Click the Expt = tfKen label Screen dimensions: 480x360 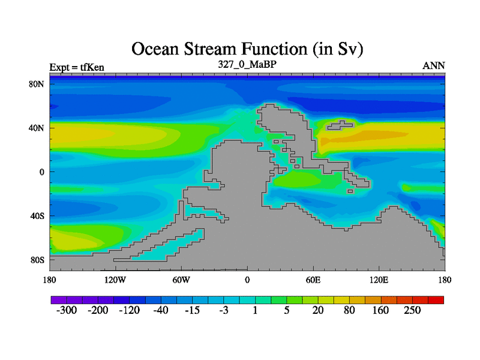77,67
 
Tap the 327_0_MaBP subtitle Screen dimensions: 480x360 247,64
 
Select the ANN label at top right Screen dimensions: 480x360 433,65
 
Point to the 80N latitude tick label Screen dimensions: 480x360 36,84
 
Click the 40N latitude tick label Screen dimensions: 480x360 36,128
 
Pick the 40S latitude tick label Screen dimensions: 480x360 37,216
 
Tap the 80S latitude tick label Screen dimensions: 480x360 37,260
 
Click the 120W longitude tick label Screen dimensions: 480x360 115,280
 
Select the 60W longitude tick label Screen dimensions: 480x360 181,280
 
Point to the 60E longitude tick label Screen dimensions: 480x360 313,280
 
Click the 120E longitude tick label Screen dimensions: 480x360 379,280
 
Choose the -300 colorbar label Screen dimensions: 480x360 67,310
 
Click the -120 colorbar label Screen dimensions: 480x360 129,310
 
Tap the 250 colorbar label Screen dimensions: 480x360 412,310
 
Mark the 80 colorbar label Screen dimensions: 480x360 349,310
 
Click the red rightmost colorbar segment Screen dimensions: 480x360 436,300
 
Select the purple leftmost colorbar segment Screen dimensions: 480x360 59,300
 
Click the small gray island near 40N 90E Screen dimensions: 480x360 340,125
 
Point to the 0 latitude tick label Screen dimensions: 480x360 42,172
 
